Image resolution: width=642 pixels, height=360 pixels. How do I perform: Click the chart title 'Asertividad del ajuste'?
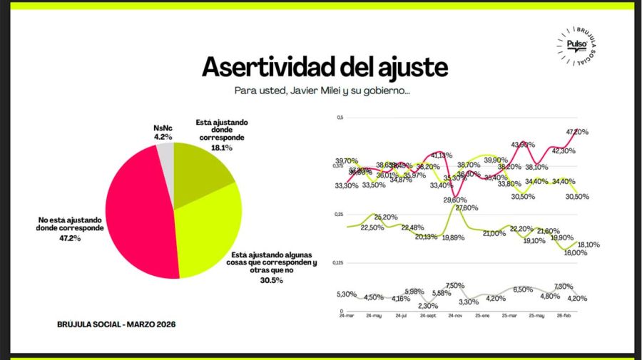pos(325,66)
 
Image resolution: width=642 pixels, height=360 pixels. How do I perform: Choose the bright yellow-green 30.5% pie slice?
pos(210,228)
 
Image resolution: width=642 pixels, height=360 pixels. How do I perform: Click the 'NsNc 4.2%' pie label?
pos(163,132)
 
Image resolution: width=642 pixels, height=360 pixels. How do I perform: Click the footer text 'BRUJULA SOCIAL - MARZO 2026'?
pos(116,324)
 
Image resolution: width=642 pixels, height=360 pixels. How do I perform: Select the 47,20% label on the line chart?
pos(576,132)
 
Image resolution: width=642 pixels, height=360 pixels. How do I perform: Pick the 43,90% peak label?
pos(522,145)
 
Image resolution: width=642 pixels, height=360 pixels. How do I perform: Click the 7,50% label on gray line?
pos(455,285)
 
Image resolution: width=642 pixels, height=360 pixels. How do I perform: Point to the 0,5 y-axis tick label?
pos(340,117)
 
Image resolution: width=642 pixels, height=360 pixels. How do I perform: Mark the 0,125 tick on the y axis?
pos(337,263)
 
